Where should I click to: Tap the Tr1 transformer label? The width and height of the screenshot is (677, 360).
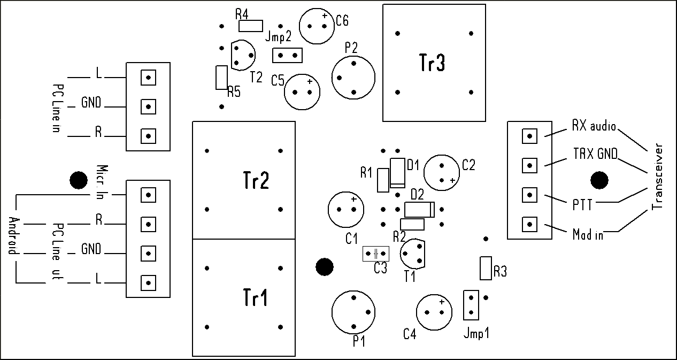point(256,297)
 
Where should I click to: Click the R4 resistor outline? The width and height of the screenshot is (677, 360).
point(251,26)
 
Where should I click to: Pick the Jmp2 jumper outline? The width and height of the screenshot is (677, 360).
point(287,55)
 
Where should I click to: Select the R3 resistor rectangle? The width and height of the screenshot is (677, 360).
point(486,268)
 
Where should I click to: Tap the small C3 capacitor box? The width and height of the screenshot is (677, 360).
point(376,254)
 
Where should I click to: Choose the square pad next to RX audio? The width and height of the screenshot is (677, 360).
point(529,136)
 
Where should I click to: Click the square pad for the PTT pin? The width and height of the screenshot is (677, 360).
point(529,194)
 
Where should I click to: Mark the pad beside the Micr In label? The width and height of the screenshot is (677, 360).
point(148,195)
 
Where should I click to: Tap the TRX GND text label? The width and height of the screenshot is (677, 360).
point(591,155)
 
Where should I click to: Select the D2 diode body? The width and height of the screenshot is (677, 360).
point(420,208)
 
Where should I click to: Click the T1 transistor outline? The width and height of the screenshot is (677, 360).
point(413,254)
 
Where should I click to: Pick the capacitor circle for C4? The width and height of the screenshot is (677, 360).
point(434,312)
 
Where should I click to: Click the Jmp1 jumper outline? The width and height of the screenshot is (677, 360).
point(471,304)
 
